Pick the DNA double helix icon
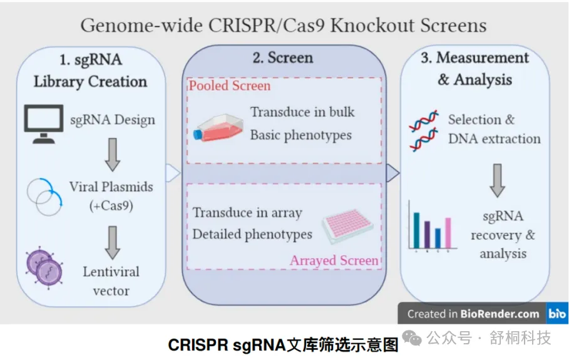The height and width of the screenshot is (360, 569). (x=423, y=130)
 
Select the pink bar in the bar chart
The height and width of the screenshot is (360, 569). (x=448, y=232)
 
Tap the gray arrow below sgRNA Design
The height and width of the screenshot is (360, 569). (x=113, y=154)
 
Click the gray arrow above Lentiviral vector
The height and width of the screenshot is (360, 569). (x=113, y=242)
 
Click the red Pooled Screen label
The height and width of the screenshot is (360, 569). (x=230, y=86)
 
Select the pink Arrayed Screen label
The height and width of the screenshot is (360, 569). (x=334, y=260)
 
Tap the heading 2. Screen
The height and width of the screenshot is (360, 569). (x=282, y=58)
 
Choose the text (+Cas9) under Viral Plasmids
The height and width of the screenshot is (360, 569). (x=110, y=205)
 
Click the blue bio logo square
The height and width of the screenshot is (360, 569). (x=557, y=314)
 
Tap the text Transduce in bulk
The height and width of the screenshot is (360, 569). (x=302, y=113)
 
